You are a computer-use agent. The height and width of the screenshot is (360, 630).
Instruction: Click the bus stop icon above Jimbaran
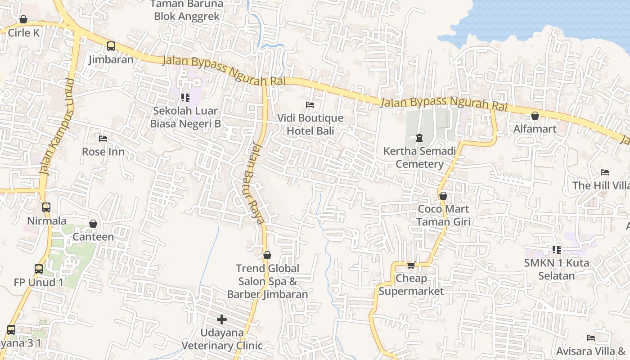click(111, 46)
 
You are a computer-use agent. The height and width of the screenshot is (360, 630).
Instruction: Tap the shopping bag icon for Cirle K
click(23, 19)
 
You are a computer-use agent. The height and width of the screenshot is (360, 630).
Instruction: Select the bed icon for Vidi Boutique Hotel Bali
click(310, 105)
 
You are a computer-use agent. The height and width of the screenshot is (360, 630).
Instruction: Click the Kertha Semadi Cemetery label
click(419, 157)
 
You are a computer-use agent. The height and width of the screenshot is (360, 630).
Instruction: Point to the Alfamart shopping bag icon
click(535, 116)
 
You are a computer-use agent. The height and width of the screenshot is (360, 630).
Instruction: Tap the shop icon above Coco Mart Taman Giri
click(443, 196)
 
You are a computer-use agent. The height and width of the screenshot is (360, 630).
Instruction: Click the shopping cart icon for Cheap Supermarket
click(411, 265)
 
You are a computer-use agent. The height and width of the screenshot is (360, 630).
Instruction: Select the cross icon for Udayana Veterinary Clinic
click(222, 319)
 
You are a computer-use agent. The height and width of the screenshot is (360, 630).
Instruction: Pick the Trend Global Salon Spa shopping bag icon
click(267, 255)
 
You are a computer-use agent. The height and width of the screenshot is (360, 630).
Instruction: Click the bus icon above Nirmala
click(46, 207)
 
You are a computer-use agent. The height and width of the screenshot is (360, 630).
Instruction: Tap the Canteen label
click(93, 237)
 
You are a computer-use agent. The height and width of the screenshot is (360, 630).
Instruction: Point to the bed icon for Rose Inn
click(103, 139)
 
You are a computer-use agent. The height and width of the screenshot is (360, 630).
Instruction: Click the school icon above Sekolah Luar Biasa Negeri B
click(185, 97)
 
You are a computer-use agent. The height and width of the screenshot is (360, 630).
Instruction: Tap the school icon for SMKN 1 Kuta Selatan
click(557, 249)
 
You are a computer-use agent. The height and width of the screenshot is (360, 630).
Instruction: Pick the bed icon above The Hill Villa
click(605, 172)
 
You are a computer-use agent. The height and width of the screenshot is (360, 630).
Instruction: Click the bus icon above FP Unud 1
click(39, 269)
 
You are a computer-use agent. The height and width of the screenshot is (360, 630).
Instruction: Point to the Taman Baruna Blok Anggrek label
click(187, 10)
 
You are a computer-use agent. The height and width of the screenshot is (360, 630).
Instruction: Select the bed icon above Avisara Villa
click(591, 338)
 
